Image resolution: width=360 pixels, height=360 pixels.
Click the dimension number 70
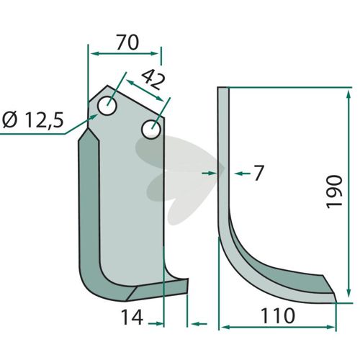tap(127, 42)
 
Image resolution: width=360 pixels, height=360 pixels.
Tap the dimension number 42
tap(154, 79)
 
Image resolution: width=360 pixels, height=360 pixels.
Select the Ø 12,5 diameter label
tap(33, 120)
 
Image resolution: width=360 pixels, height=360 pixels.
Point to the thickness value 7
tap(258, 173)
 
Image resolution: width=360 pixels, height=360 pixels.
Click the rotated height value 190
tap(334, 192)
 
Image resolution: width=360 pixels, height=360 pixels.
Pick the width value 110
tap(278, 316)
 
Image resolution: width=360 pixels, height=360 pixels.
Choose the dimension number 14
tap(132, 317)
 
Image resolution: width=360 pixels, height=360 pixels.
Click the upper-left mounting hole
tap(107, 106)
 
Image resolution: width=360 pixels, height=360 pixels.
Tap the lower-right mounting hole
tap(151, 130)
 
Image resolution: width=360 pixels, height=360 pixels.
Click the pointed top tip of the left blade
tap(107, 86)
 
